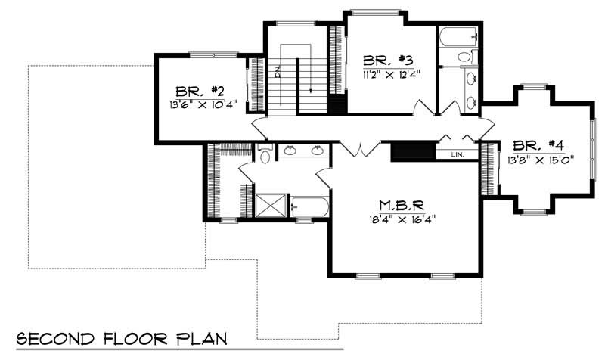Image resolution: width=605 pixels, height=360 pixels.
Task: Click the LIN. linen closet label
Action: [x=457, y=154]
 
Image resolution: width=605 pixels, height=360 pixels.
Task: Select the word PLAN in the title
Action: [x=200, y=338]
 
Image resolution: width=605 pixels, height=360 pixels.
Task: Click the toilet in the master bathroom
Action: [x=264, y=156]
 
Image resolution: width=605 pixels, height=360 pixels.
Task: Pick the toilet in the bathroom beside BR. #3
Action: [x=464, y=57]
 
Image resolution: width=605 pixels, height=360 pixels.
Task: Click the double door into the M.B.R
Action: [x=361, y=149]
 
